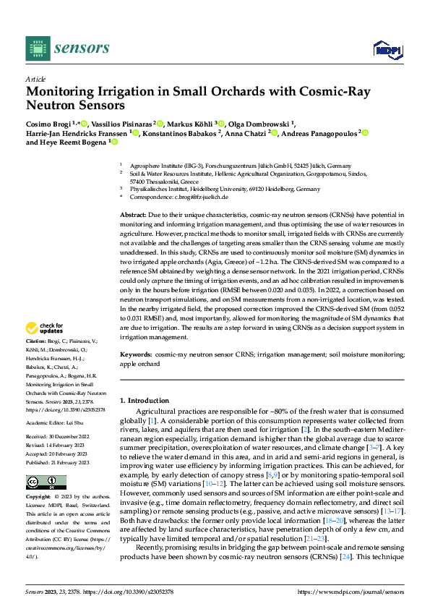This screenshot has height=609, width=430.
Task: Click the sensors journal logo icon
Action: pos(38,48)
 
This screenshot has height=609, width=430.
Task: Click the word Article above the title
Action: pos(35,79)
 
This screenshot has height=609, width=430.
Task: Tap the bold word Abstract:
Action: pos(133,216)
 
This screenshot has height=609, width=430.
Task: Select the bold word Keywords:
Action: pos(135,354)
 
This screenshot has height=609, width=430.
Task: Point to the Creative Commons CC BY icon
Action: pos(41,482)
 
